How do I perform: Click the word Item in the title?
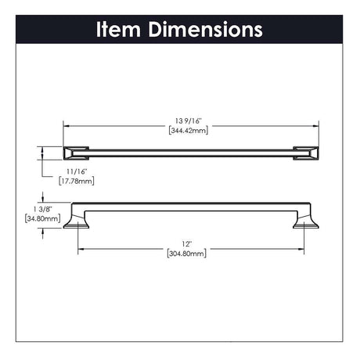[x=118, y=29]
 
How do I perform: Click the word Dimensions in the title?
[x=205, y=29]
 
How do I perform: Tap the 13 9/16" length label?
[x=189, y=121]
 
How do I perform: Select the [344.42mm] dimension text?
[x=189, y=130]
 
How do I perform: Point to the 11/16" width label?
[x=76, y=171]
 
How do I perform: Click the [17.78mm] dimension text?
[x=77, y=181]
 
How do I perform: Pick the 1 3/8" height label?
[x=42, y=209]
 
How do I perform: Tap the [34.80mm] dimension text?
[x=42, y=218]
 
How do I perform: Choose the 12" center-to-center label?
[x=187, y=244]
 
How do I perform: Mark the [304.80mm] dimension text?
[x=187, y=254]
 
